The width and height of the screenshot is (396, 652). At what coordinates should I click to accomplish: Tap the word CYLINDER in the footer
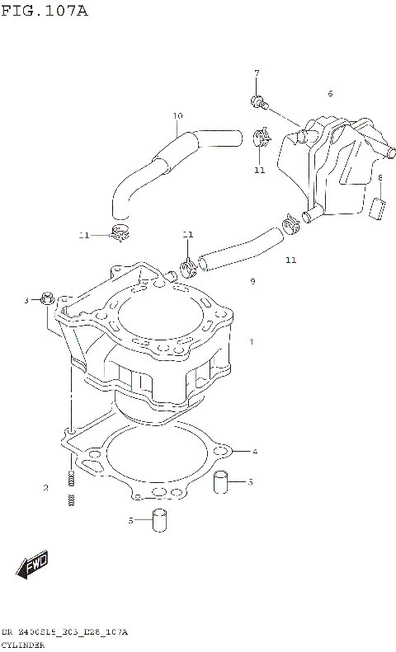(x=22, y=645)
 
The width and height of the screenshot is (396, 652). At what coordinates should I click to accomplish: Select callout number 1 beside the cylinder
(x=252, y=341)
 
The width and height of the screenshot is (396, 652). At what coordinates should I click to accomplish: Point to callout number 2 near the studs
(x=46, y=488)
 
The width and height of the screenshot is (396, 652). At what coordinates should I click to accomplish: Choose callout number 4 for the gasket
(x=256, y=451)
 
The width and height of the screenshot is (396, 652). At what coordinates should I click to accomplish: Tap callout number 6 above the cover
(x=330, y=93)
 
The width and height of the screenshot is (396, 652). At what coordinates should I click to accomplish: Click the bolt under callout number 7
(x=258, y=103)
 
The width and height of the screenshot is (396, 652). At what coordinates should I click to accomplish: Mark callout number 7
(x=257, y=73)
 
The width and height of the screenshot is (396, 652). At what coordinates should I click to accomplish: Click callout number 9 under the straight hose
(x=252, y=282)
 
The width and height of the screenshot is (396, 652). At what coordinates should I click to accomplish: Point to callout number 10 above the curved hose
(x=177, y=115)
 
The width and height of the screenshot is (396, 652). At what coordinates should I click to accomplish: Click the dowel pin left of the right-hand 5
(x=221, y=481)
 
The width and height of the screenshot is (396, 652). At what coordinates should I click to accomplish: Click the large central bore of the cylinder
(x=157, y=317)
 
